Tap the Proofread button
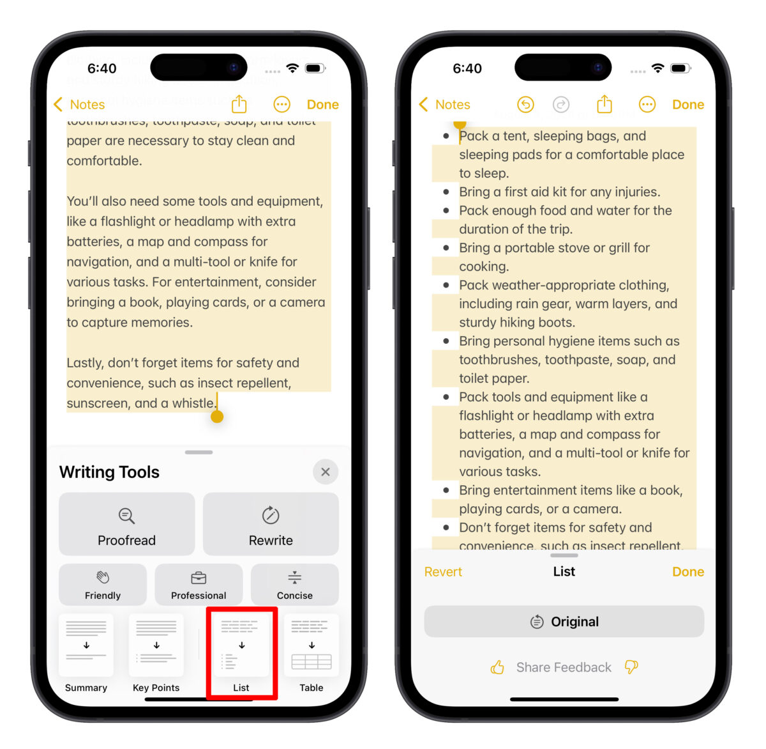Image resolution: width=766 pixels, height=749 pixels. tap(126, 524)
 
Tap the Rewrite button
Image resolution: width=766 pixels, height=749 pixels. tap(271, 524)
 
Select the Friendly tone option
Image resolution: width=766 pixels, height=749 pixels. tap(103, 584)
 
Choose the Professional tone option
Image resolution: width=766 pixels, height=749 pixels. tap(199, 584)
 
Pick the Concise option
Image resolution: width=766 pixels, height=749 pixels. tap(294, 584)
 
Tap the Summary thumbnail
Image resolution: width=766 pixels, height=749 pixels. tap(86, 645)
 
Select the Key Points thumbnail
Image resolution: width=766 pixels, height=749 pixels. tap(156, 645)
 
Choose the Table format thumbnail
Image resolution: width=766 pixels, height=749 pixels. tap(312, 645)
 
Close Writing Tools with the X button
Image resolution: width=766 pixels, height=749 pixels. tap(326, 472)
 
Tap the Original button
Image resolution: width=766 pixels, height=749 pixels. tap(564, 621)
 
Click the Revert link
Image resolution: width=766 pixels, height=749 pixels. tap(443, 572)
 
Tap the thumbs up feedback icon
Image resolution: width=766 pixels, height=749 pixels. tap(497, 668)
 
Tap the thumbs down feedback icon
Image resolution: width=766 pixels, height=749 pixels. tap(631, 667)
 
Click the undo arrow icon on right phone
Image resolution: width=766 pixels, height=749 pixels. tap(525, 104)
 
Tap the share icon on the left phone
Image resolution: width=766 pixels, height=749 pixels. tap(239, 104)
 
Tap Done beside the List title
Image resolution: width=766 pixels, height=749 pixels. tap(687, 572)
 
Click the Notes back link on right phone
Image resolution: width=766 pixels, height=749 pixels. tap(445, 104)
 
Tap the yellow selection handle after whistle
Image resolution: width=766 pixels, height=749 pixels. tap(217, 416)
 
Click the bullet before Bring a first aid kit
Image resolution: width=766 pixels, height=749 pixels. tap(446, 192)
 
